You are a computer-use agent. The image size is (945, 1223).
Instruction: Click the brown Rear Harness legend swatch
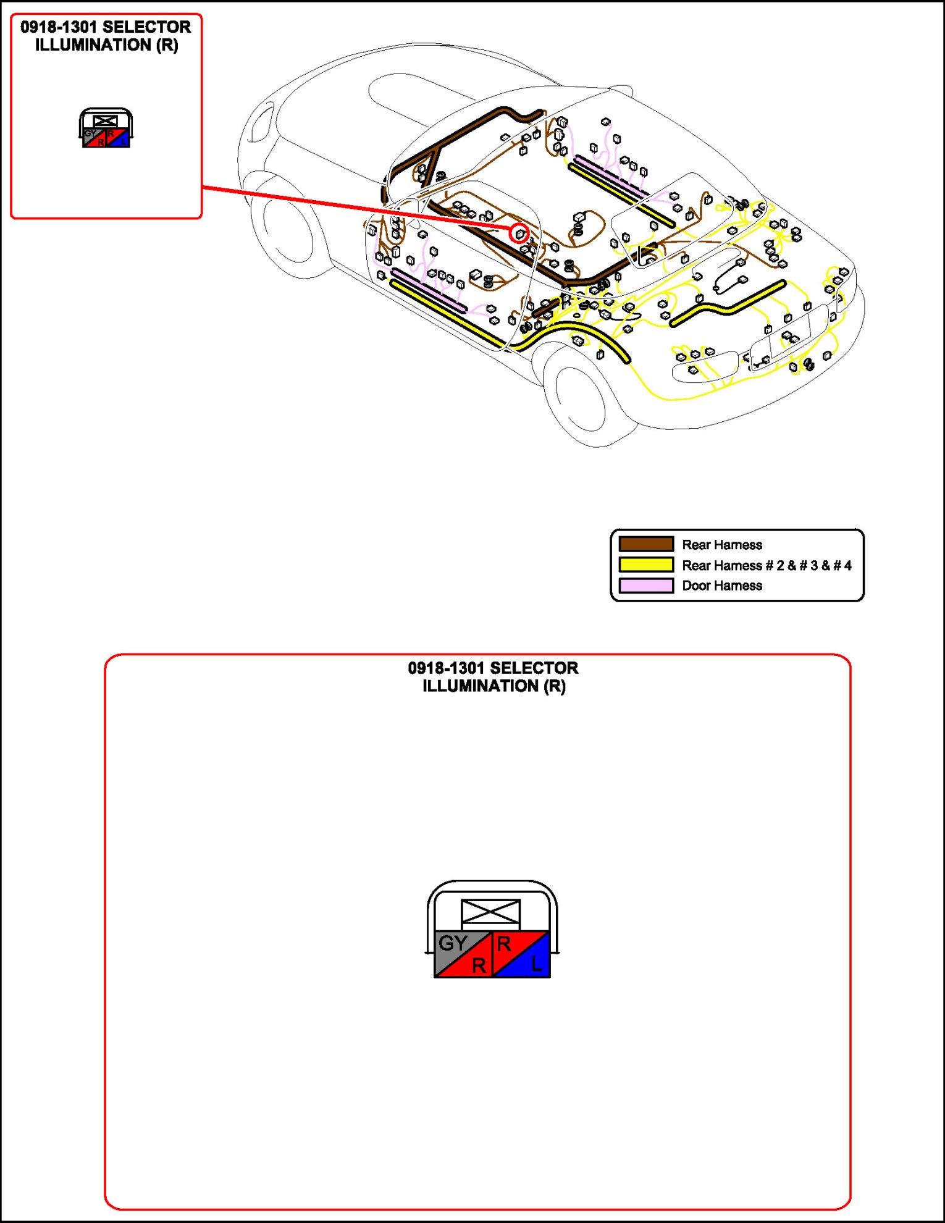click(646, 544)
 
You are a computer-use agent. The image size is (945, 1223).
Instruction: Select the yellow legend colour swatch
click(646, 565)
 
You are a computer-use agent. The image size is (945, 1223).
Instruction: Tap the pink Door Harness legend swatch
click(646, 585)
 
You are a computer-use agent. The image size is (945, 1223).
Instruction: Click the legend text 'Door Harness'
click(721, 586)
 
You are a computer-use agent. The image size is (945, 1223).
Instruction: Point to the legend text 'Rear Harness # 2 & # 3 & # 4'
click(766, 565)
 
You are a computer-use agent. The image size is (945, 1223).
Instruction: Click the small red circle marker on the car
click(519, 233)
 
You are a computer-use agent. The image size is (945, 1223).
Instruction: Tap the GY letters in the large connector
click(453, 943)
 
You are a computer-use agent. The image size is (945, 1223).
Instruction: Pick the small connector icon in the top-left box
click(106, 128)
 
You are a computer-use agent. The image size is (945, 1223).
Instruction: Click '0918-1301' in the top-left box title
click(59, 27)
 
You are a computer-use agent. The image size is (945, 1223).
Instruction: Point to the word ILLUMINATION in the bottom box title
click(481, 686)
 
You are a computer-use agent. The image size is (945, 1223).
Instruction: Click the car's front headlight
click(262, 120)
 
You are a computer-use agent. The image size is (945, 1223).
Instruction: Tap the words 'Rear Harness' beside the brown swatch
click(721, 545)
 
